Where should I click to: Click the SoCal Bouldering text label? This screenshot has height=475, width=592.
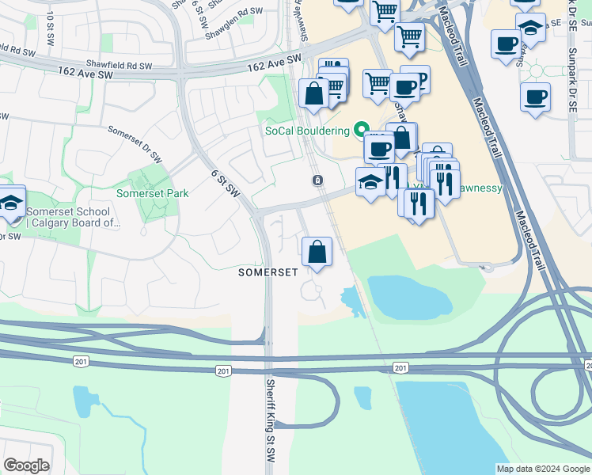point(307,130)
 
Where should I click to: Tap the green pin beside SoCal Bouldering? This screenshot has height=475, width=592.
point(362,129)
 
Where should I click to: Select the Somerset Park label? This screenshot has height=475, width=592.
point(153,192)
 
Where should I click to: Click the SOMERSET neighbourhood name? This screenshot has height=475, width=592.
point(268,272)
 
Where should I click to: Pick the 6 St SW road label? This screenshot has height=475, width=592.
point(226,184)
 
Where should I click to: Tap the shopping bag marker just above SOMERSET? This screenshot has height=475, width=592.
point(317,252)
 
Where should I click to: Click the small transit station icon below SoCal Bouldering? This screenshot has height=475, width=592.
point(317,180)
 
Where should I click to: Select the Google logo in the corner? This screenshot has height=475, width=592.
point(26,465)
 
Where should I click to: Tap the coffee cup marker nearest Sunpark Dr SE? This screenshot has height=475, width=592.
point(535,97)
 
